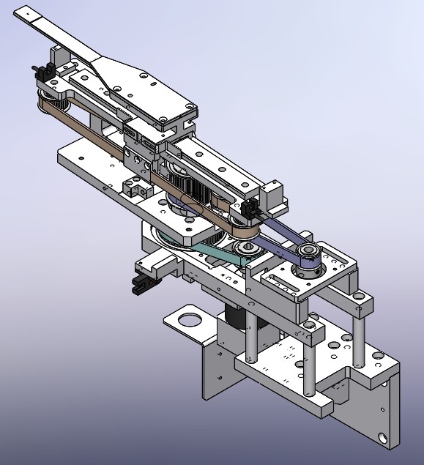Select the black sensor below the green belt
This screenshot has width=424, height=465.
point(141,283)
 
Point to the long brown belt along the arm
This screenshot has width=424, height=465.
point(110,136)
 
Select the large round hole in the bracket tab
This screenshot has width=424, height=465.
point(189,319)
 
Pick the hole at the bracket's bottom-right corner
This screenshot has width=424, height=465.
point(383,438)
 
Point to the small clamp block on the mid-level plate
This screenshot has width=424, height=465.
point(133,188)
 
